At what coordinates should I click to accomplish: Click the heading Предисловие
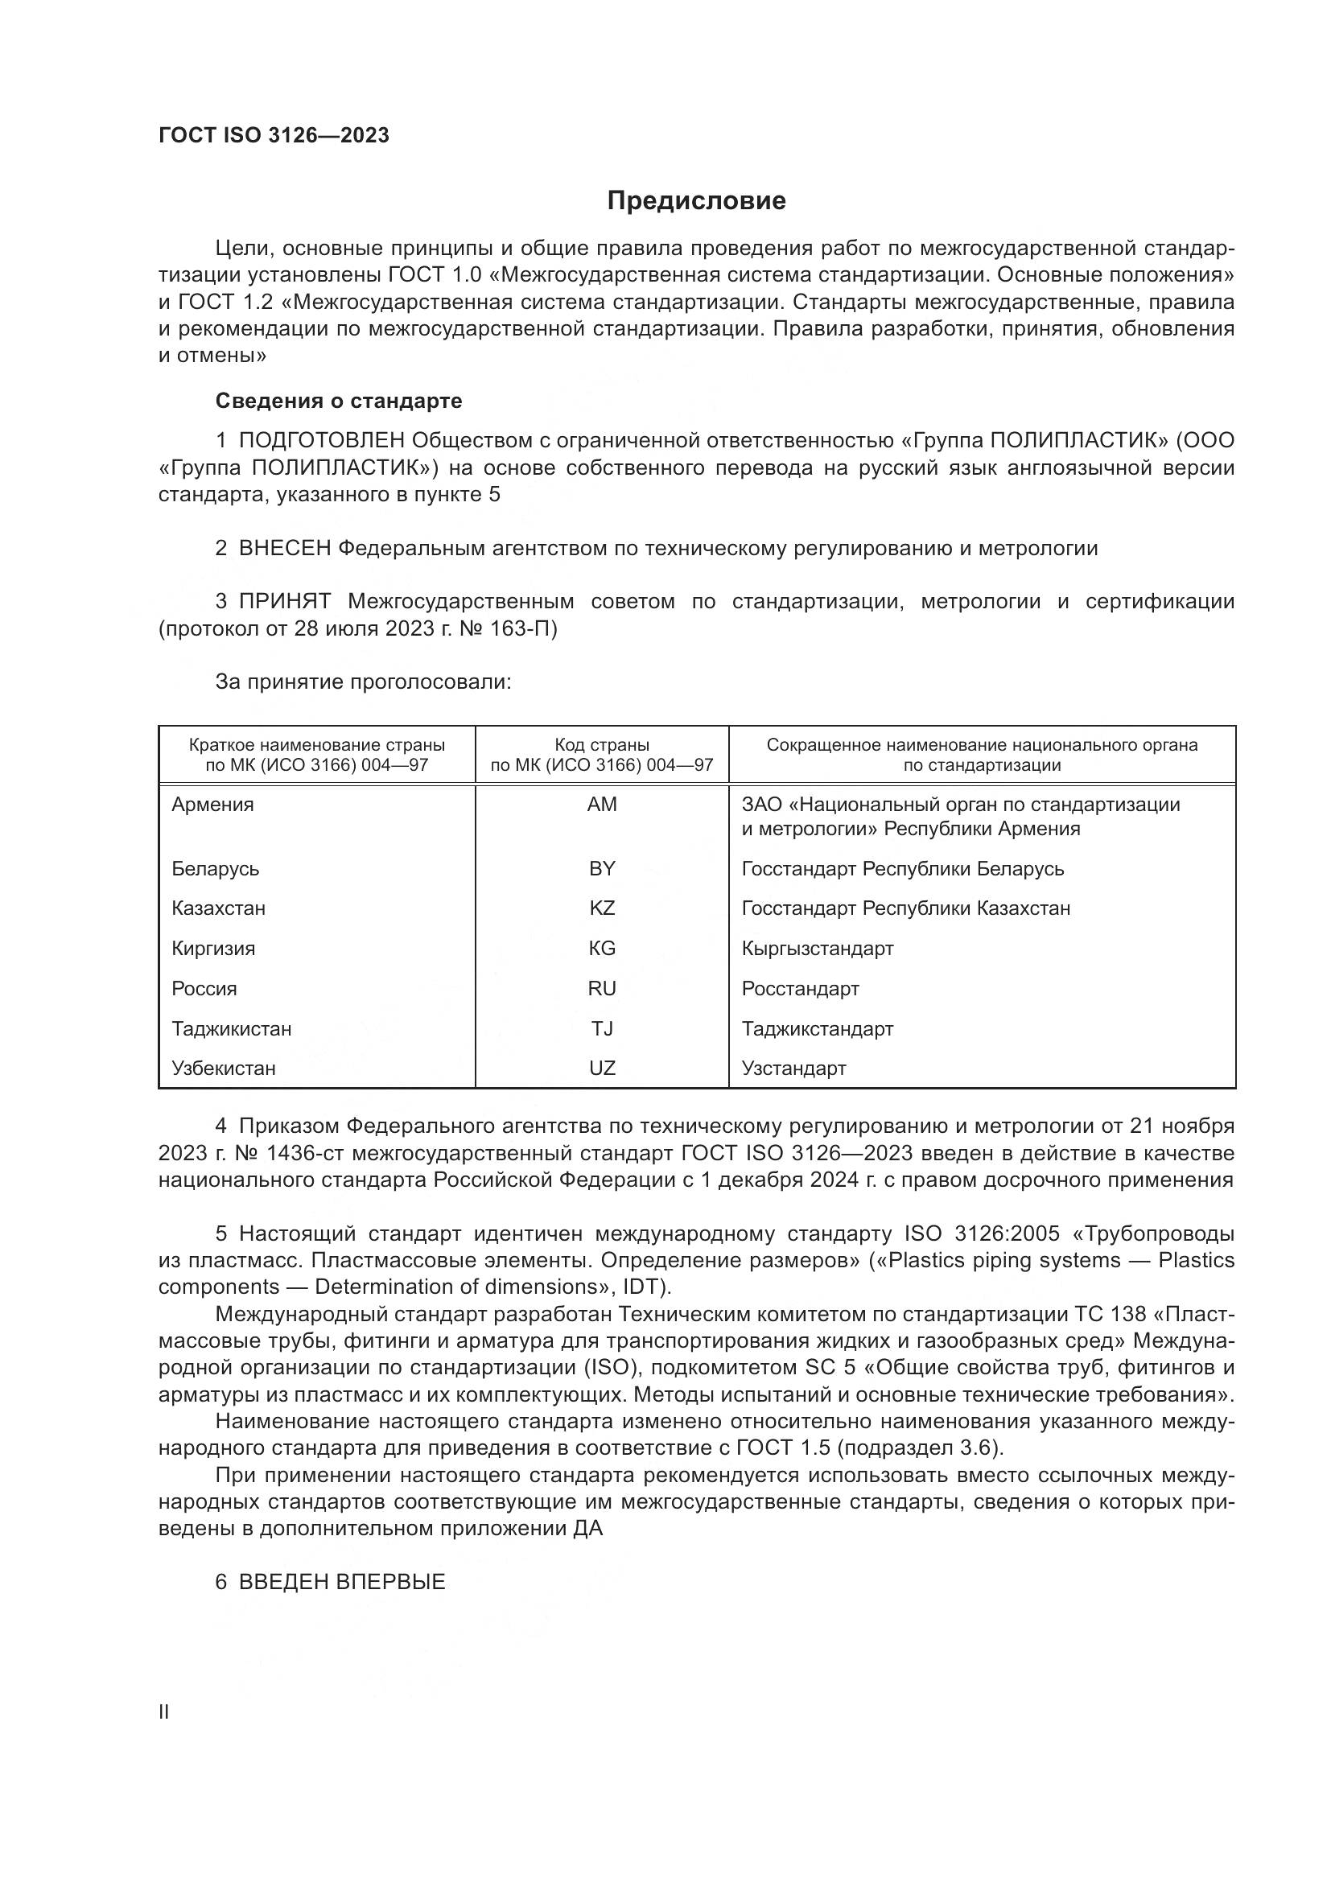(x=696, y=201)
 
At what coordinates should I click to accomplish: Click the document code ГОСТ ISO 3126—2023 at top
(x=274, y=135)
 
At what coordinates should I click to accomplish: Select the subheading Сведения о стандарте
(x=339, y=401)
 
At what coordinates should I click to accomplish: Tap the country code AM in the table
(x=602, y=805)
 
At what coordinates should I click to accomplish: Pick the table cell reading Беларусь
(x=215, y=869)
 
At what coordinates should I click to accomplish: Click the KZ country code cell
(x=602, y=908)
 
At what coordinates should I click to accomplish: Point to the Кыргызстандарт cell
(x=817, y=949)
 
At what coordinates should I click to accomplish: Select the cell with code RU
(x=602, y=989)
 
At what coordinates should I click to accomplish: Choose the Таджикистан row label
(x=231, y=1029)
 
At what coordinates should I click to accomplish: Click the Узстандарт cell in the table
(x=793, y=1068)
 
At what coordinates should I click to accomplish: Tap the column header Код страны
(x=602, y=745)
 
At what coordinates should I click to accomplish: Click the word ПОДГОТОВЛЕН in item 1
(x=322, y=441)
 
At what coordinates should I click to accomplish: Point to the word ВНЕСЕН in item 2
(x=284, y=549)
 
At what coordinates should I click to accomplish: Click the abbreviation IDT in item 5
(x=645, y=1286)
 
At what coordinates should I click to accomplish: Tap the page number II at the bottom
(x=164, y=1711)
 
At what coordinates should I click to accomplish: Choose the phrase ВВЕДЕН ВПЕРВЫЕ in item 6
(x=342, y=1582)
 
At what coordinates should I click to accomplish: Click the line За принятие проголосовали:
(x=363, y=682)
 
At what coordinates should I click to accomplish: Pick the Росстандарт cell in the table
(x=800, y=989)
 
